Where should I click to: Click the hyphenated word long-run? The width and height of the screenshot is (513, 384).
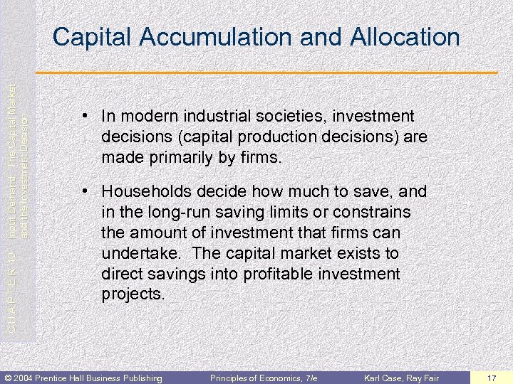pyautogui.click(x=169, y=213)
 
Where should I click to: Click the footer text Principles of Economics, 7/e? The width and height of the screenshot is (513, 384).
pyautogui.click(x=264, y=377)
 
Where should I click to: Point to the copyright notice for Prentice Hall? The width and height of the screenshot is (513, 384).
pyautogui.click(x=83, y=377)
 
